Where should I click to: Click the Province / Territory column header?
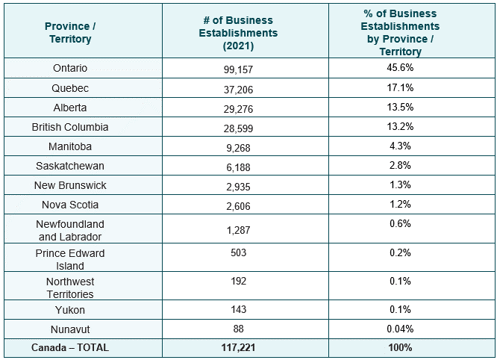(x=69, y=32)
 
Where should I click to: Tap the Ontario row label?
(x=70, y=69)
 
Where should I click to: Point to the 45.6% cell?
(x=399, y=68)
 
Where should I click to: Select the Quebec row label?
(x=70, y=88)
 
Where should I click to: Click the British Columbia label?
(x=70, y=127)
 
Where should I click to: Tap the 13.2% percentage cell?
(x=399, y=126)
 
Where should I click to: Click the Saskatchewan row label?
(x=70, y=166)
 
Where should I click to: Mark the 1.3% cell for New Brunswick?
(x=399, y=184)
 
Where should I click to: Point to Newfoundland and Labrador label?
(x=70, y=230)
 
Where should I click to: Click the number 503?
(x=238, y=253)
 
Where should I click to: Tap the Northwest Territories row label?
(x=70, y=288)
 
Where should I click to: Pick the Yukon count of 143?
(x=238, y=310)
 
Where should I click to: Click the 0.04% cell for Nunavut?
(x=399, y=329)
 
